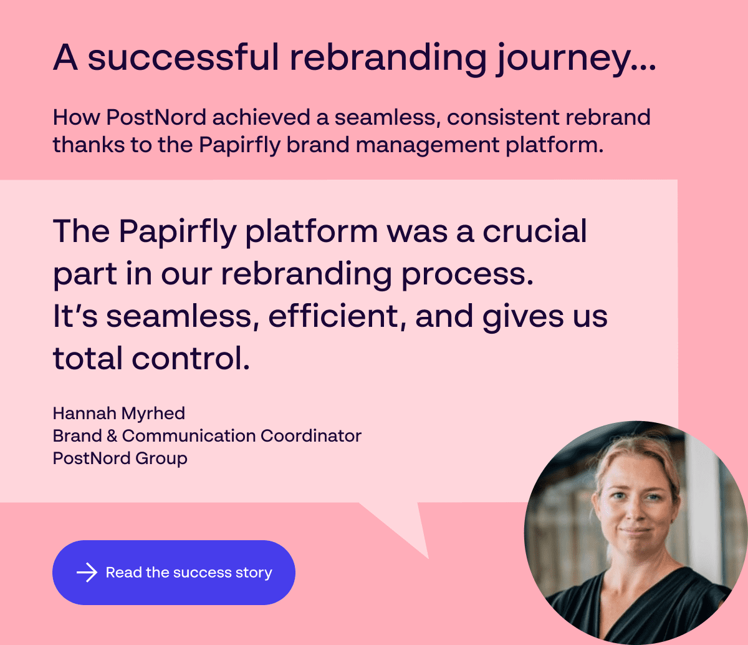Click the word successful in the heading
click(x=183, y=57)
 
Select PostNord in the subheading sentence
click(x=156, y=117)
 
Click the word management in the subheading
click(x=428, y=145)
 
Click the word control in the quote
click(x=191, y=358)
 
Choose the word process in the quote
click(x=467, y=275)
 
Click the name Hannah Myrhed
click(x=119, y=413)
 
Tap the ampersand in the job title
click(x=112, y=435)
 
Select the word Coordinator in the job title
click(x=311, y=435)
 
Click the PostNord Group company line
click(x=120, y=458)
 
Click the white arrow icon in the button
click(x=87, y=573)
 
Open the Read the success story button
click(x=174, y=573)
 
